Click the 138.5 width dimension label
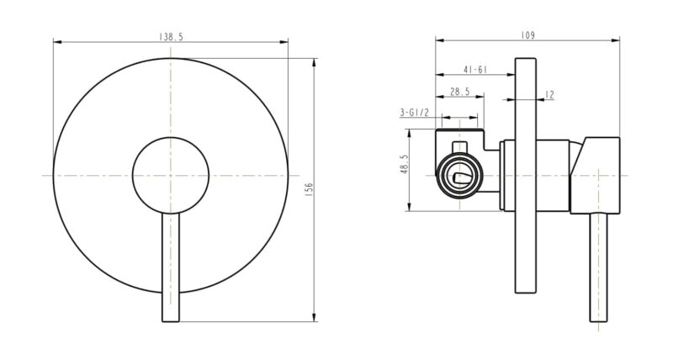[x=171, y=36]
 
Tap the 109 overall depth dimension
[x=528, y=35]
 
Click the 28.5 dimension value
[x=459, y=92]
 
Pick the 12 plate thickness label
[x=549, y=95]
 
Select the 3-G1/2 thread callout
[x=415, y=112]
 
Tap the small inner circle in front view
[x=171, y=174]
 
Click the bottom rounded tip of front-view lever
[x=171, y=318]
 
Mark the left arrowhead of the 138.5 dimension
[x=56, y=41]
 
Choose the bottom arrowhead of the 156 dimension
[x=316, y=320]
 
